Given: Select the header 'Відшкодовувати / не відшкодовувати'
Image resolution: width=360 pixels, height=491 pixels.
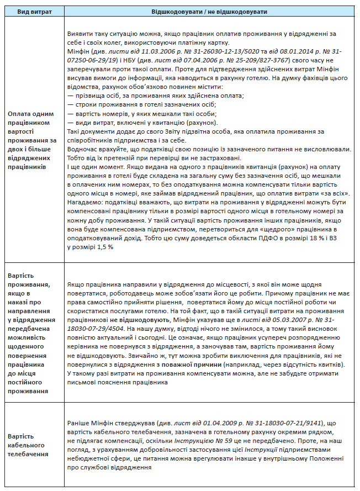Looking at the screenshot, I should pyautogui.click(x=210, y=11).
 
